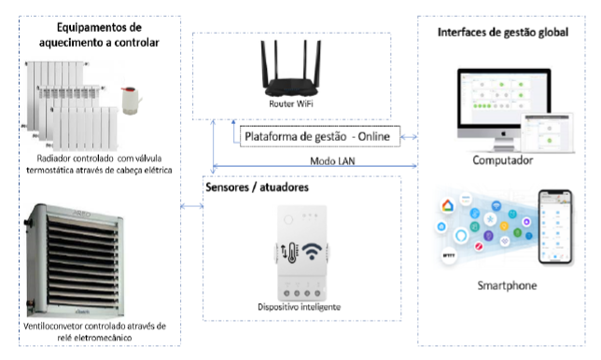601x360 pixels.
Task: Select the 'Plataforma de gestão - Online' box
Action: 318,136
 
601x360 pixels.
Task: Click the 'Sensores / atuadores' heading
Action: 256,187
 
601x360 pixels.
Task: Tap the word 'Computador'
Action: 502,160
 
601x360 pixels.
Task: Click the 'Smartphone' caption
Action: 503,284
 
